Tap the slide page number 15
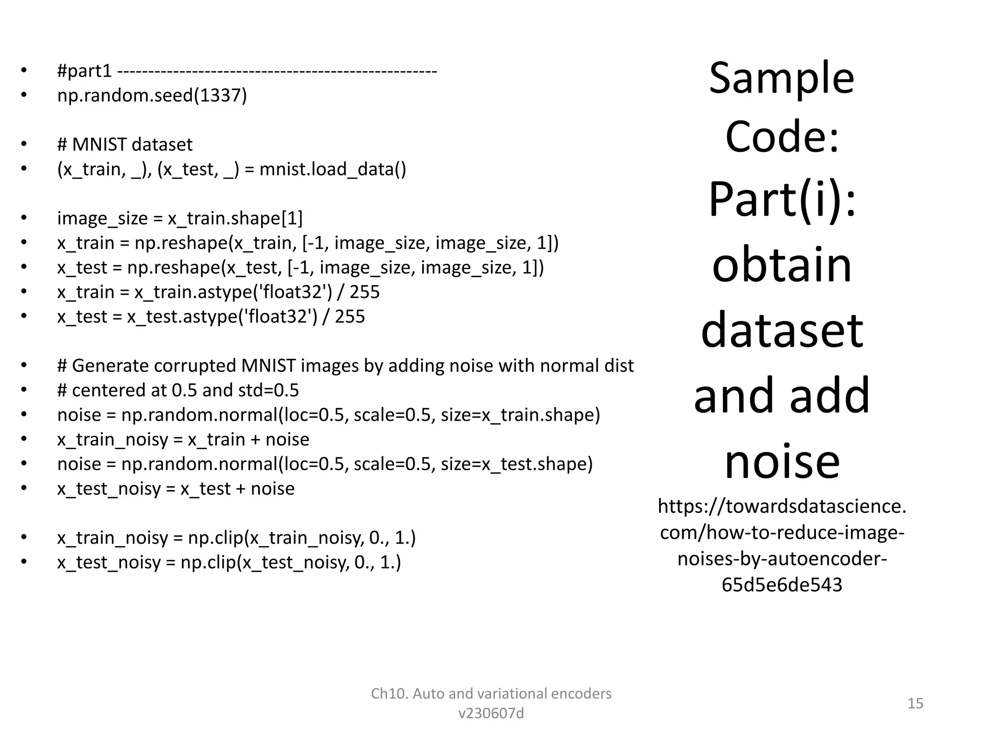(915, 703)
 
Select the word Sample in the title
(781, 78)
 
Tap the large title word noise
(782, 461)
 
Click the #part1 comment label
(84, 71)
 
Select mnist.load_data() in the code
(333, 169)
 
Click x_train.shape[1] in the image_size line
(235, 219)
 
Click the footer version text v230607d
(491, 713)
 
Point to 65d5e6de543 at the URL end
(782, 585)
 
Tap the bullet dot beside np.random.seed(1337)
(24, 95)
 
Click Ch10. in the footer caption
(389, 694)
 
